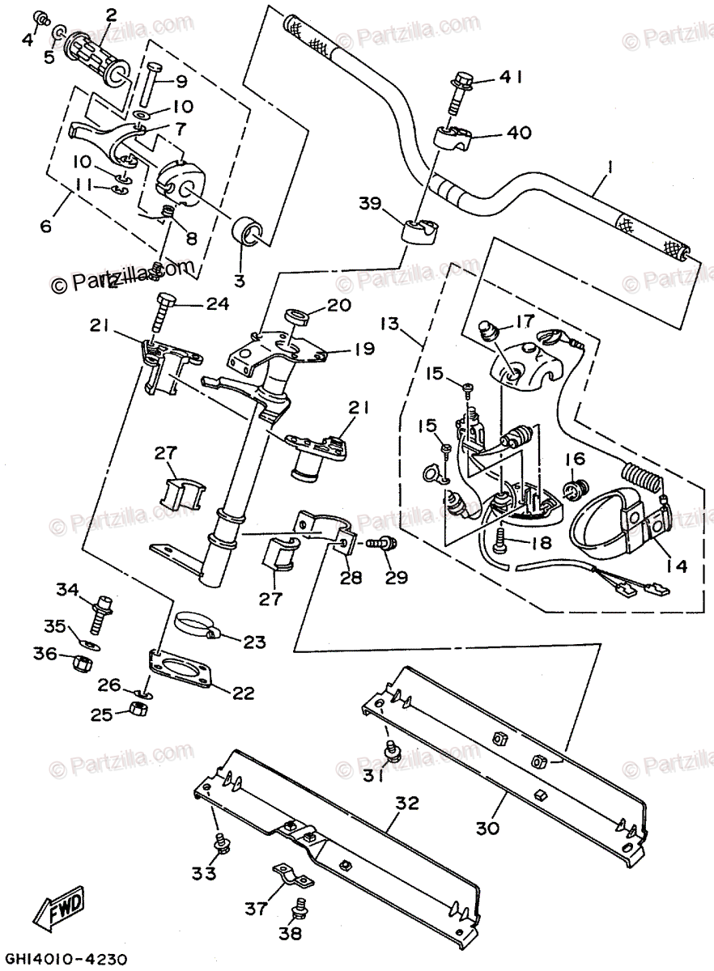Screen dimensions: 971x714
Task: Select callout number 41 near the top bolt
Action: pyautogui.click(x=511, y=78)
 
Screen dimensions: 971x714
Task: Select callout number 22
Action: pyautogui.click(x=243, y=693)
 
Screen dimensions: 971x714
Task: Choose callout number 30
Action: pyautogui.click(x=487, y=828)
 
